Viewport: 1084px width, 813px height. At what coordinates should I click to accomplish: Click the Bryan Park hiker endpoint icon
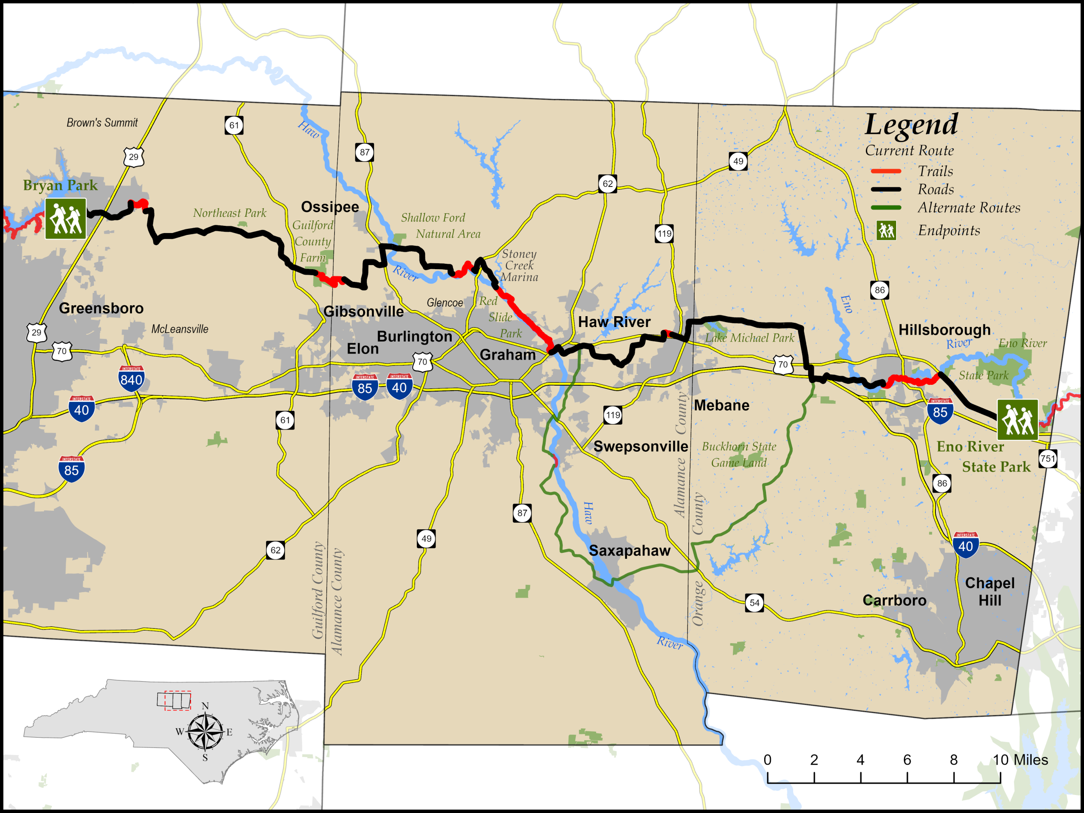click(65, 219)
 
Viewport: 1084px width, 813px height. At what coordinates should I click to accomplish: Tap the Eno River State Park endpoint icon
click(1017, 420)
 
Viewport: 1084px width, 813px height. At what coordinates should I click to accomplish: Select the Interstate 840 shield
click(131, 378)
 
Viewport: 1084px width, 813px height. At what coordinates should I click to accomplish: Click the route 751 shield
click(1048, 459)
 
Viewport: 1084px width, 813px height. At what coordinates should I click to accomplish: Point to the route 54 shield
click(754, 603)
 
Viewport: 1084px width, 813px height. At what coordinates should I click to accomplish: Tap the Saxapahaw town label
click(629, 550)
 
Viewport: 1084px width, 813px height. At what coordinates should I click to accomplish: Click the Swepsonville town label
click(640, 446)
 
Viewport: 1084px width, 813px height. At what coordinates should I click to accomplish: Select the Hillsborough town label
click(944, 330)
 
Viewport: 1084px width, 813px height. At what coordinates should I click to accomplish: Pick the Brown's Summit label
click(102, 122)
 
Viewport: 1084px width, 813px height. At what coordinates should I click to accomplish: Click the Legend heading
click(911, 125)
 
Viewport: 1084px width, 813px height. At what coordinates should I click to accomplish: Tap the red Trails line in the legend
click(886, 171)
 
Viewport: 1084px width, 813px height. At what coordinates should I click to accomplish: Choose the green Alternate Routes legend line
click(886, 208)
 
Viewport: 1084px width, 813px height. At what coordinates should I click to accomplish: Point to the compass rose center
click(206, 732)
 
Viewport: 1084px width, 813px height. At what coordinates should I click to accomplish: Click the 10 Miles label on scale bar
click(1020, 760)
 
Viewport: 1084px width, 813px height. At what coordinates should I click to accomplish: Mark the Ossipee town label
click(330, 207)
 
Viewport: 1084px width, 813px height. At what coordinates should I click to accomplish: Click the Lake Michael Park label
click(749, 338)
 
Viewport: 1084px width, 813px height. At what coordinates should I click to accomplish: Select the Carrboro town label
click(894, 600)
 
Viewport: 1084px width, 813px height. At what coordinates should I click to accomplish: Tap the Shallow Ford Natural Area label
click(440, 225)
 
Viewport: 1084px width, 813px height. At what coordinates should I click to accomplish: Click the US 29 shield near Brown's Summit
click(133, 157)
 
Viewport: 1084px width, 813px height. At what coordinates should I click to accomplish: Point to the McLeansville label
click(179, 329)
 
